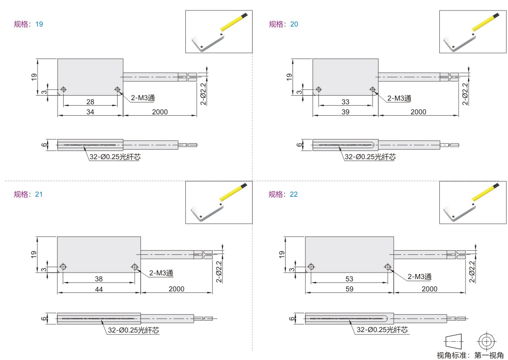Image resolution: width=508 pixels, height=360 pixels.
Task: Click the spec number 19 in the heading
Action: click(x=39, y=24)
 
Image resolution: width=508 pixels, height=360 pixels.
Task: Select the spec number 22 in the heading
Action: click(x=293, y=194)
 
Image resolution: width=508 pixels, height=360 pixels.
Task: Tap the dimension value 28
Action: click(x=91, y=102)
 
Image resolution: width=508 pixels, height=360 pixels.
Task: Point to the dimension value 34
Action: click(x=91, y=112)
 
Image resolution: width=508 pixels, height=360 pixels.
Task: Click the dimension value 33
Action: click(x=346, y=102)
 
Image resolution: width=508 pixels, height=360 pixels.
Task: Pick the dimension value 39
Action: click(x=346, y=112)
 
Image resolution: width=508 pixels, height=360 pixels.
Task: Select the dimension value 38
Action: click(x=99, y=279)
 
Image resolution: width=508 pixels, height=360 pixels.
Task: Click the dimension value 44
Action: click(x=99, y=289)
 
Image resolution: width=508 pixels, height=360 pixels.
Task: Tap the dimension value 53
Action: click(x=349, y=279)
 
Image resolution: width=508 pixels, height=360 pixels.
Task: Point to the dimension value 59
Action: click(x=349, y=289)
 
